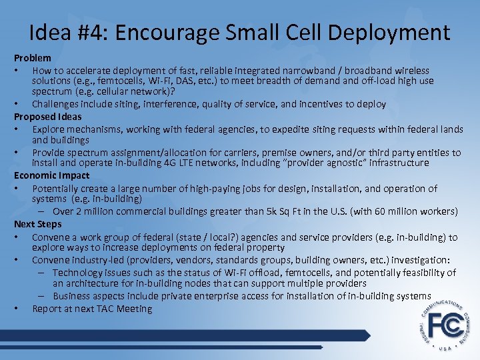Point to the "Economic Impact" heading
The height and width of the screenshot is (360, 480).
coord(51,175)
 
